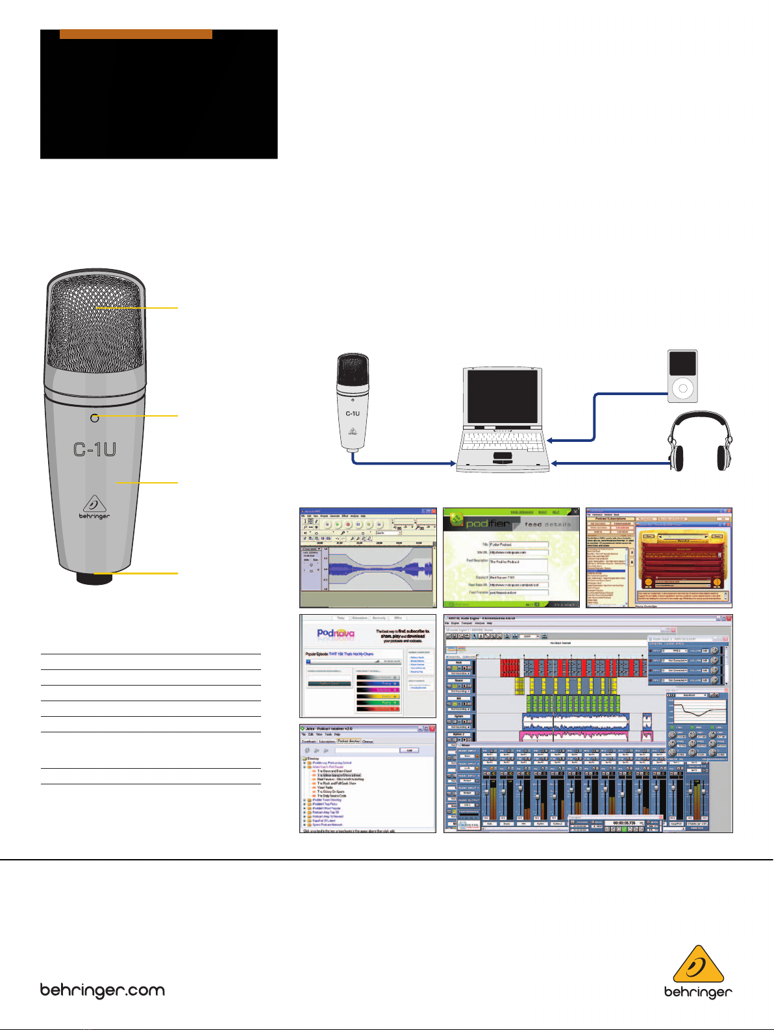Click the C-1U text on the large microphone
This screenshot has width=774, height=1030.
94,449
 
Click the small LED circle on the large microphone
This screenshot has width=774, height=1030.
95,418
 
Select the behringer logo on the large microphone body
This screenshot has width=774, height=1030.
95,508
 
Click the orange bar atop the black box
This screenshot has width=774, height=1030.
136,34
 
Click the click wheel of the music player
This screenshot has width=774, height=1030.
682,389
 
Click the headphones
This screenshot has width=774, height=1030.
699,443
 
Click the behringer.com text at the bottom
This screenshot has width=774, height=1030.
103,991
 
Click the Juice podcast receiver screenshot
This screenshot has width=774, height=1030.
368,779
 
